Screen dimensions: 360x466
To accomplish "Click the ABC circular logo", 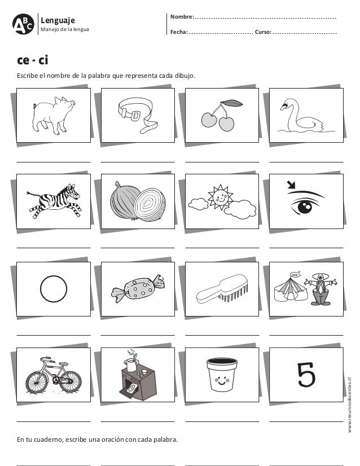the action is tap(23, 24).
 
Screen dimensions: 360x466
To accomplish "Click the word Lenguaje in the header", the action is tap(58, 20).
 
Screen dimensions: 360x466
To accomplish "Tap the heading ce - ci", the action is tap(32, 60).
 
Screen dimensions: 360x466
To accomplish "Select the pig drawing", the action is tap(53, 115).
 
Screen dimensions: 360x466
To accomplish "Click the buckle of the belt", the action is tap(135, 115).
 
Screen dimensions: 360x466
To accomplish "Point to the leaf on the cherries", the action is tap(232, 103).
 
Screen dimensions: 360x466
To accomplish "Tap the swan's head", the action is tap(287, 104).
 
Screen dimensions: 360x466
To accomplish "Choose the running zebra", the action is tap(54, 201).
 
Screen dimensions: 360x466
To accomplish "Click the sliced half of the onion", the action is tap(149, 204).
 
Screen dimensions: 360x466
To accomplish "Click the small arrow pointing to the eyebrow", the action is tap(291, 185).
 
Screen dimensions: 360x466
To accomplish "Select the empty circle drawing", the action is tap(54, 289).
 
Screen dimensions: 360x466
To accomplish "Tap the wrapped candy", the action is tap(138, 288).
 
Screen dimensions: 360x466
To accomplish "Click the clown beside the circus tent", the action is tap(321, 289).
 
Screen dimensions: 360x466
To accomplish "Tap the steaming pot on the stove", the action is tap(131, 363).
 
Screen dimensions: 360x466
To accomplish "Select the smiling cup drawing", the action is tap(222, 375).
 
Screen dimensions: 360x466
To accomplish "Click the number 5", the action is tap(306, 375).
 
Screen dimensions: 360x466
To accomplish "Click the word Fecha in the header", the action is tap(179, 32).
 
